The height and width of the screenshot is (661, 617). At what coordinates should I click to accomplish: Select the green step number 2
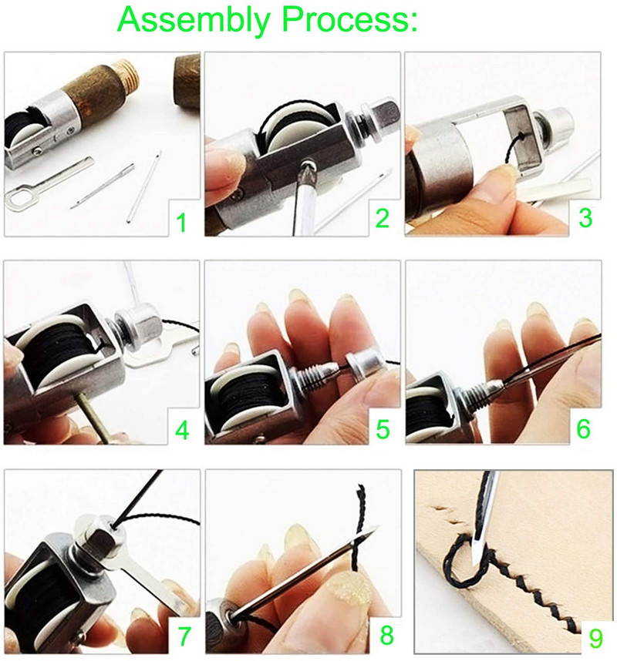point(382,219)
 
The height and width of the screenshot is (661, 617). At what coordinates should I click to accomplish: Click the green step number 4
point(181,428)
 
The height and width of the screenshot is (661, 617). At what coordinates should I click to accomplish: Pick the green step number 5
point(383,428)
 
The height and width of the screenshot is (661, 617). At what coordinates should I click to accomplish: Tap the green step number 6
point(585,428)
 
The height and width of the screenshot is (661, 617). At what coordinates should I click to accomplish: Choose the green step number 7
point(184,636)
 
